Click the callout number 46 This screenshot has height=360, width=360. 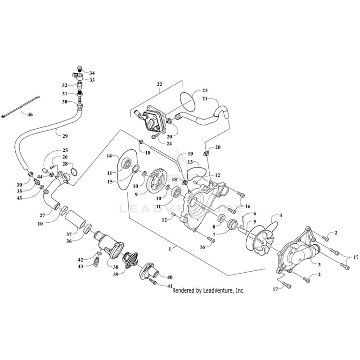30,115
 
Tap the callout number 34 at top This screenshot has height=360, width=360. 92,72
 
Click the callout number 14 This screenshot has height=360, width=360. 109,156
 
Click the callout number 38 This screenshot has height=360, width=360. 109,267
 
